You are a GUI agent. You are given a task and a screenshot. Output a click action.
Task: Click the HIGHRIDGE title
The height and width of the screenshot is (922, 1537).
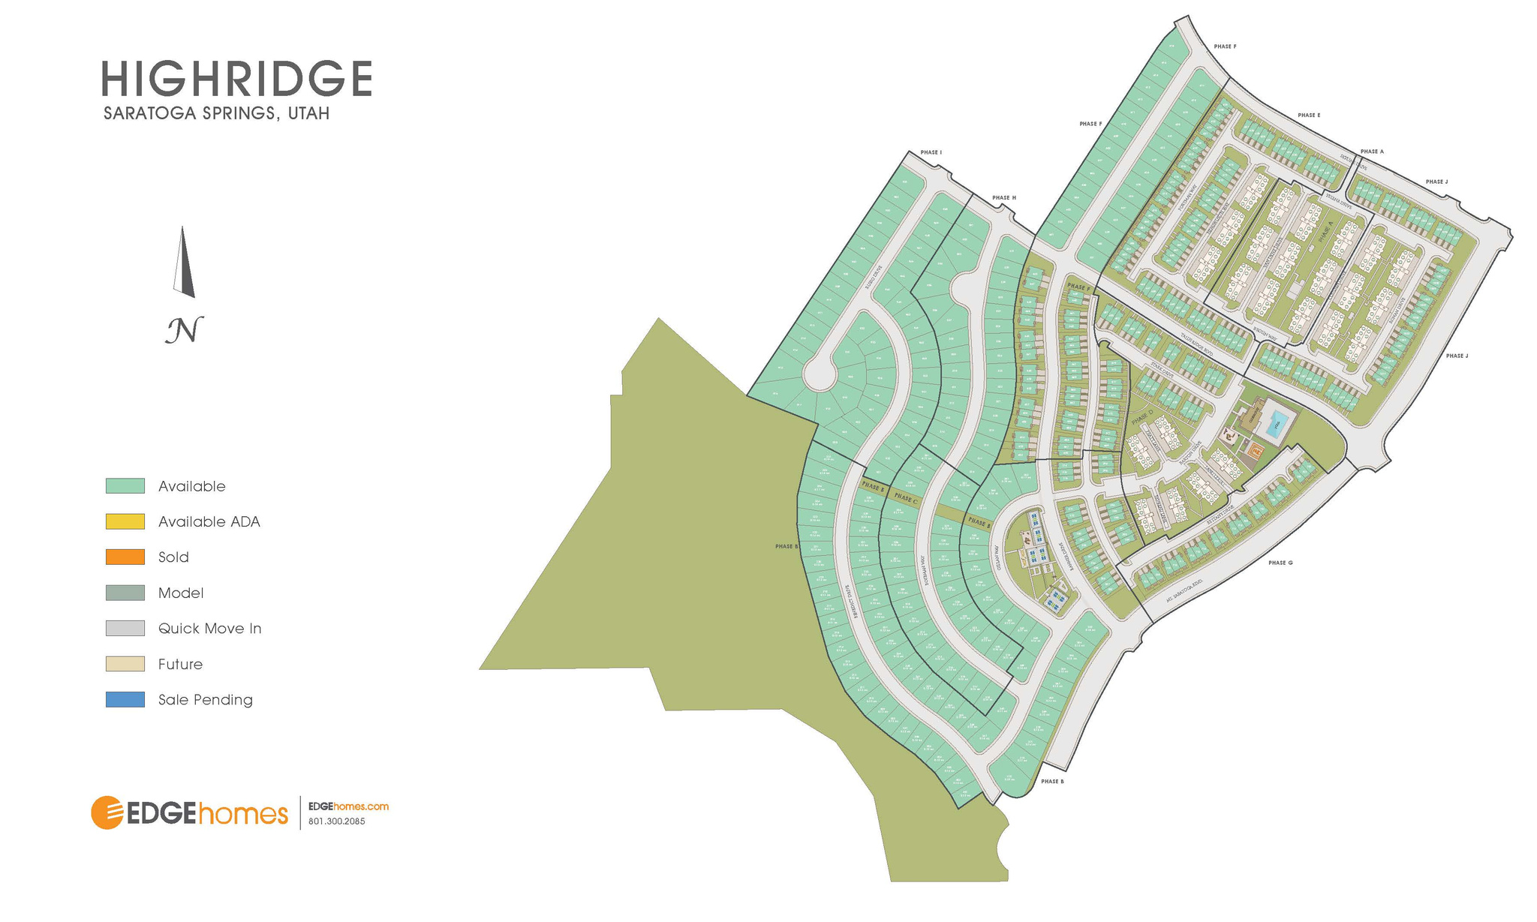coord(236,79)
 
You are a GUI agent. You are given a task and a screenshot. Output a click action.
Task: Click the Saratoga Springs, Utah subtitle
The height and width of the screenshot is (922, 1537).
coord(216,114)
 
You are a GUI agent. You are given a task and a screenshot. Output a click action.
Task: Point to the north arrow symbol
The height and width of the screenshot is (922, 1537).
coord(184,263)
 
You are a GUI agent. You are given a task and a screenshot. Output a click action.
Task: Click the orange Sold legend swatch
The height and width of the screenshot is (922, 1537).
coord(125,557)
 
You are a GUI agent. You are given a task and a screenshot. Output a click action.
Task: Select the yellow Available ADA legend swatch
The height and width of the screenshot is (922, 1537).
coord(125,521)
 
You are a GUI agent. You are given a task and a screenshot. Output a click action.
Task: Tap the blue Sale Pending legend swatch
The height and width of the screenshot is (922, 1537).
coord(125,699)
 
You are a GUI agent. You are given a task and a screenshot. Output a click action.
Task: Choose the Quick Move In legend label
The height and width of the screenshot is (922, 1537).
coord(209,629)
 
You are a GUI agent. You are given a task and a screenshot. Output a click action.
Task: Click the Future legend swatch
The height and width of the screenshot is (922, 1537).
coord(125,664)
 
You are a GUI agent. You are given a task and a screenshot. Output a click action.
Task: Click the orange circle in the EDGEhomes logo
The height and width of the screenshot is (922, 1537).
coord(107,812)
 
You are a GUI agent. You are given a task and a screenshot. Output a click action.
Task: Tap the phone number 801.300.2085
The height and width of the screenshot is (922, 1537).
coord(336,821)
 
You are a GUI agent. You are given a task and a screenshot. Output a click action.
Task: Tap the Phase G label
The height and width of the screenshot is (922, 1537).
coord(1280,563)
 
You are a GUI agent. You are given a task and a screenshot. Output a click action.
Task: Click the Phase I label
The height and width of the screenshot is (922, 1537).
coord(931,152)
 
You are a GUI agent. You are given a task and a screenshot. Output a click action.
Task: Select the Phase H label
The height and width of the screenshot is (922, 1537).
coord(1003,198)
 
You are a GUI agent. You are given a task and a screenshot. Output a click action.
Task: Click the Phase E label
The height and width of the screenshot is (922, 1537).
coord(1308,116)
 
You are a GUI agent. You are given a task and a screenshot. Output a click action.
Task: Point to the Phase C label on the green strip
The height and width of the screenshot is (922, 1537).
coord(905,499)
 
